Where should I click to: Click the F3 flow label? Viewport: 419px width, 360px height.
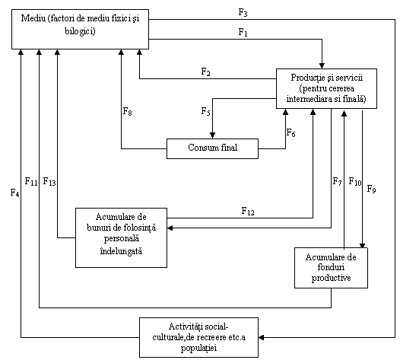click(243, 13)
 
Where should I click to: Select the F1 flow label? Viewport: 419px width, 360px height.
click(243, 33)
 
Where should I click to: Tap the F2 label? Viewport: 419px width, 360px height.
click(205, 72)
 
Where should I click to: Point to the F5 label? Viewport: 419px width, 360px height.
click(205, 111)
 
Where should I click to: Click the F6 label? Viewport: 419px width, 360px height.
click(290, 132)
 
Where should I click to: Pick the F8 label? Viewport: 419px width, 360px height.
click(127, 111)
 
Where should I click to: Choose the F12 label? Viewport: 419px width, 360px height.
click(248, 212)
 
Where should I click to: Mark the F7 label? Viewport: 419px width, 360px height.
click(337, 182)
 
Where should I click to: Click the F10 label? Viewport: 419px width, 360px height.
click(355, 182)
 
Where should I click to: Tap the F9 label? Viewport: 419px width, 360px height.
click(371, 189)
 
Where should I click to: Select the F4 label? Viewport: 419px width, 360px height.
click(14, 193)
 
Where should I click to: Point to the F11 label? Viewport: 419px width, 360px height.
click(31, 182)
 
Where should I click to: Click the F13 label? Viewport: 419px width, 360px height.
click(49, 182)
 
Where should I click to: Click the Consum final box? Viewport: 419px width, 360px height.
click(212, 148)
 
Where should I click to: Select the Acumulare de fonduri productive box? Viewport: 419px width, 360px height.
click(331, 268)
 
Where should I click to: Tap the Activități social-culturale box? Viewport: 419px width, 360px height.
click(198, 337)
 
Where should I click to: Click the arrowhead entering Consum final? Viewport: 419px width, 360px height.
click(212, 135)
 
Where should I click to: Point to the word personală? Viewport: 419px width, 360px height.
click(122, 238)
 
